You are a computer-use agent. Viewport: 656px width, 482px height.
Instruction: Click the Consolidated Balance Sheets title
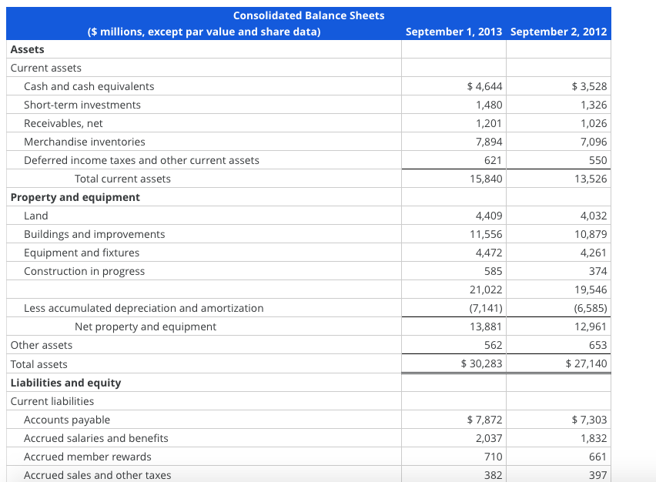pos(308,15)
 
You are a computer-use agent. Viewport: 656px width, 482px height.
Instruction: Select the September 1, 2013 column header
pos(454,32)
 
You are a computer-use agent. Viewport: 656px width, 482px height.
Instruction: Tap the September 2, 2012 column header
pos(558,32)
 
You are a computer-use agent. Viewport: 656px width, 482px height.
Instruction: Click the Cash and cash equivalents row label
pos(89,86)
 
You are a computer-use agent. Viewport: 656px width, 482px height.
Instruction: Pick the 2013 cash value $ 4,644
pos(485,86)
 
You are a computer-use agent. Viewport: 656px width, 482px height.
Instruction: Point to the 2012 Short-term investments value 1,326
pos(593,105)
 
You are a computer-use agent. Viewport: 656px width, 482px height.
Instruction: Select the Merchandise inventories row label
pos(84,142)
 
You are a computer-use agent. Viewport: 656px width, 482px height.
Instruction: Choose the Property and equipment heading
pos(75,197)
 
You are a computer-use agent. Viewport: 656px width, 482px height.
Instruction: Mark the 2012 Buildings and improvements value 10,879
pos(590,234)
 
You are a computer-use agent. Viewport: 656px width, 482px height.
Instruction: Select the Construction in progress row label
pos(84,271)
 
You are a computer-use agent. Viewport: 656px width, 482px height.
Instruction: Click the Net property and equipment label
pos(145,326)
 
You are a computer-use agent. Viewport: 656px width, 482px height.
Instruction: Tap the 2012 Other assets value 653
pos(597,345)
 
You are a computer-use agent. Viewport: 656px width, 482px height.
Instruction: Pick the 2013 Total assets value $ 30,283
pos(481,364)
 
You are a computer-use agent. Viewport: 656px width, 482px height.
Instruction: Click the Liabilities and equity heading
pos(65,383)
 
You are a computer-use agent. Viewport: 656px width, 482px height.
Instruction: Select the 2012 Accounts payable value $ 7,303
pos(589,420)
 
